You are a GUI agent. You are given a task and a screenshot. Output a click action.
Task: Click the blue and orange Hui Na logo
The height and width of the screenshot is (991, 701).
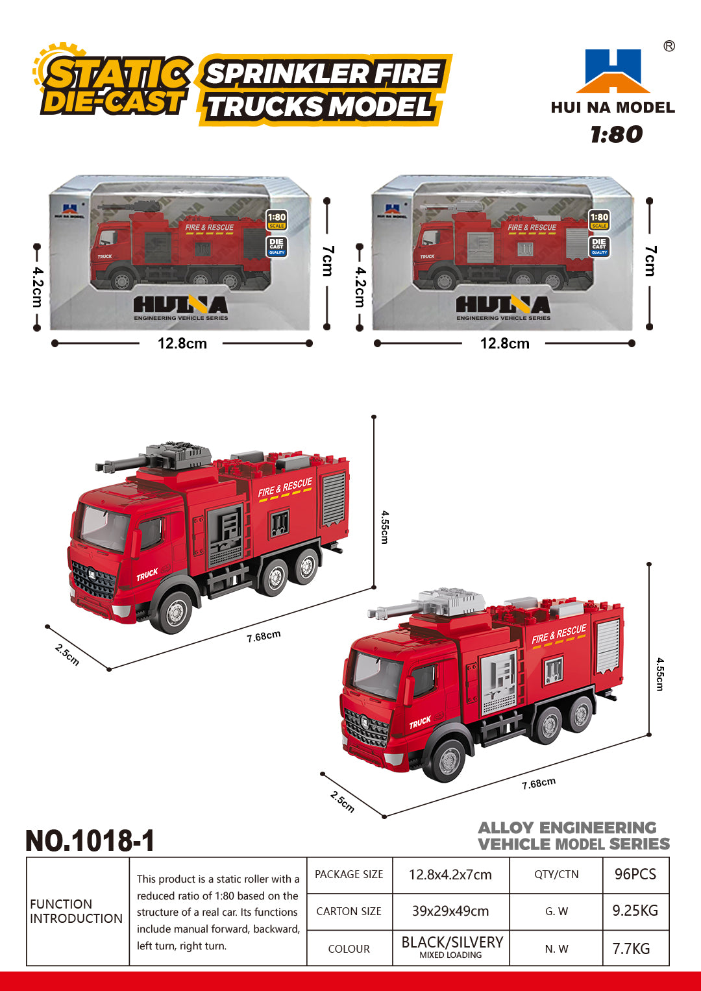[x=613, y=71]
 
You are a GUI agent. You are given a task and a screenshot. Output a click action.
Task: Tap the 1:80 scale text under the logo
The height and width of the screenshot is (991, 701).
[x=616, y=134]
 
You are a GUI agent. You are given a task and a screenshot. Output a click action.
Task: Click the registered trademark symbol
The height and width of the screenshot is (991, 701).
[x=669, y=46]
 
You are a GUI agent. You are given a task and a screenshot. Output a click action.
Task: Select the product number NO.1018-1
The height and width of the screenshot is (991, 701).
[x=90, y=840]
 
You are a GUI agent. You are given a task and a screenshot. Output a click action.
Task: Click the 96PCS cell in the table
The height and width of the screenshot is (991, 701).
[x=635, y=874]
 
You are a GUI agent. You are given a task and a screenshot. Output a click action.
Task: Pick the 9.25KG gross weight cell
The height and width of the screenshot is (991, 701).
[x=635, y=911]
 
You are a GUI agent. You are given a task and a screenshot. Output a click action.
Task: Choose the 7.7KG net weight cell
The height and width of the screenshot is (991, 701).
[x=631, y=948]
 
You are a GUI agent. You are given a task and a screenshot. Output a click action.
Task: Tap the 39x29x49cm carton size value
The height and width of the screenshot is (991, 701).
[x=450, y=911]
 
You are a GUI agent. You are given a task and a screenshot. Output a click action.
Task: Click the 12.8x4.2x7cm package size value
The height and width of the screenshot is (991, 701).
[x=450, y=874]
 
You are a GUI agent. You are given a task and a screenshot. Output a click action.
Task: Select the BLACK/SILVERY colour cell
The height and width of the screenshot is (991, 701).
[x=452, y=943]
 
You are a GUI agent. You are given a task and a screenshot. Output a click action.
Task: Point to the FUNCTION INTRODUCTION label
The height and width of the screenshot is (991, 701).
[x=76, y=911]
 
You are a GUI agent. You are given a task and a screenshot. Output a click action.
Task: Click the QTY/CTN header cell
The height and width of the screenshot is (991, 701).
[x=556, y=874]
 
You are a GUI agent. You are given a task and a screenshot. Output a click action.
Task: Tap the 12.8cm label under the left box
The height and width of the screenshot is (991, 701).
[x=182, y=343]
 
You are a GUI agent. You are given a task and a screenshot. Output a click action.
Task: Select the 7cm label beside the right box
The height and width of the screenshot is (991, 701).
[x=650, y=261]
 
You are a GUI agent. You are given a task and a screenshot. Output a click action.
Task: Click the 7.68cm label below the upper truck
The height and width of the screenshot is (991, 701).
[x=264, y=636]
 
